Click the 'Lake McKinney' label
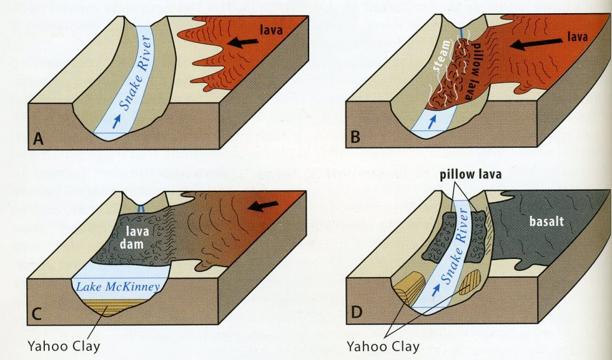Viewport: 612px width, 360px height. coord(117,287)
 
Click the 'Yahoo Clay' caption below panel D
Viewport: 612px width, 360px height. coord(383,346)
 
